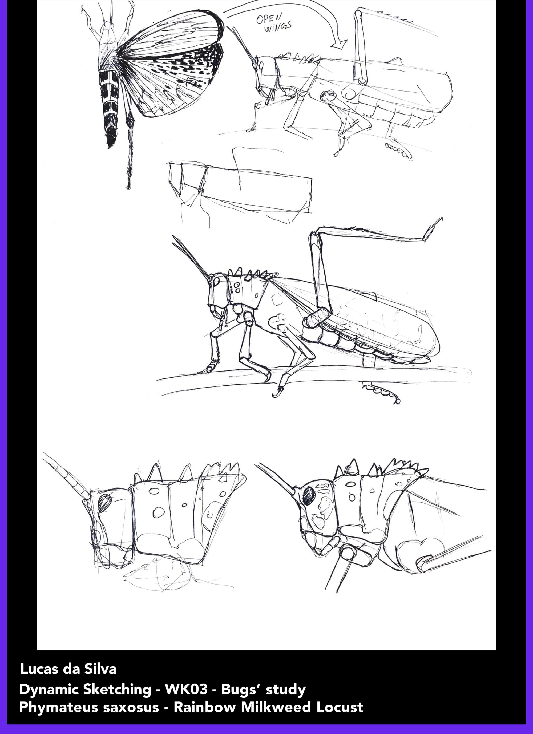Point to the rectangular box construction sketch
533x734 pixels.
[241, 188]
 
